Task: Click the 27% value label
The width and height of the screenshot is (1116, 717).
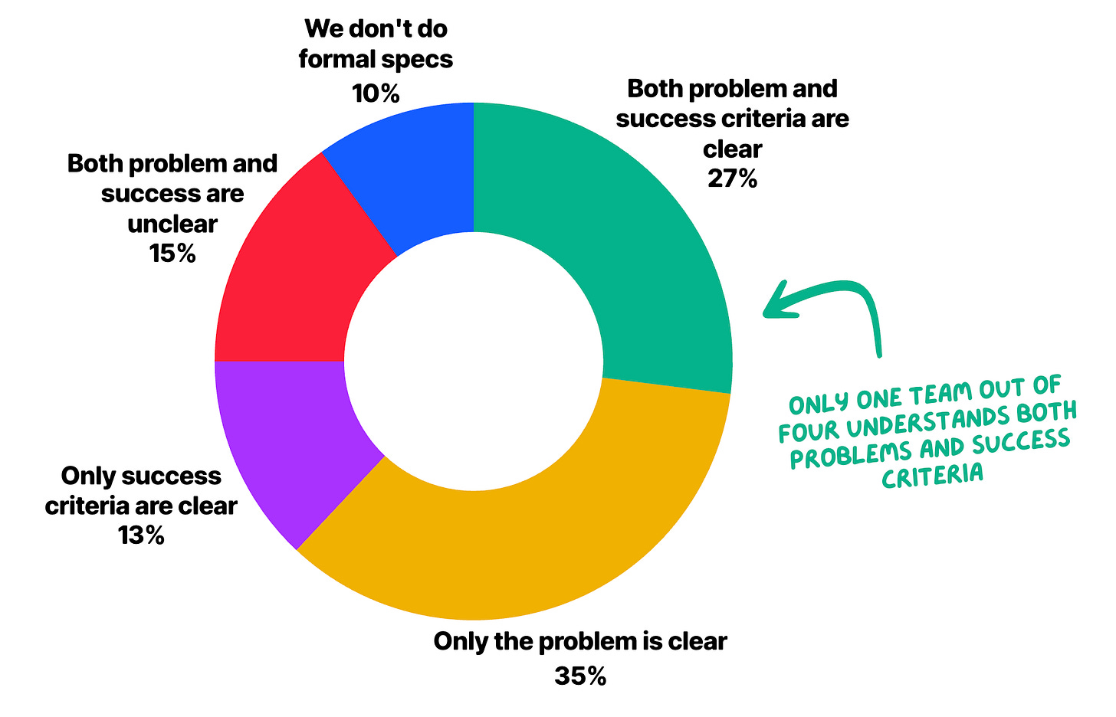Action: click(732, 178)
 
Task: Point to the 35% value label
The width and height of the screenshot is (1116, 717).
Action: click(579, 676)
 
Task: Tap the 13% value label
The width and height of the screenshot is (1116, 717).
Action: click(141, 535)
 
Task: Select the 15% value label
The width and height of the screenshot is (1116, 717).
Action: click(172, 254)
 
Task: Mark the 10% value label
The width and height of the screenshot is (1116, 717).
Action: click(376, 93)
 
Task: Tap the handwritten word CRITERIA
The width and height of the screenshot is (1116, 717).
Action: click(932, 476)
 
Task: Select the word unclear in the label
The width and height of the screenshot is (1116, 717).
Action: click(172, 224)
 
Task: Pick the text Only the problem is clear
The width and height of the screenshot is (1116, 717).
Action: click(579, 640)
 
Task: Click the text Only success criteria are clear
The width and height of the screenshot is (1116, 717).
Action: click(141, 491)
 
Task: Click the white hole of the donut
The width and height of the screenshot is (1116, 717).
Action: click(474, 360)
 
